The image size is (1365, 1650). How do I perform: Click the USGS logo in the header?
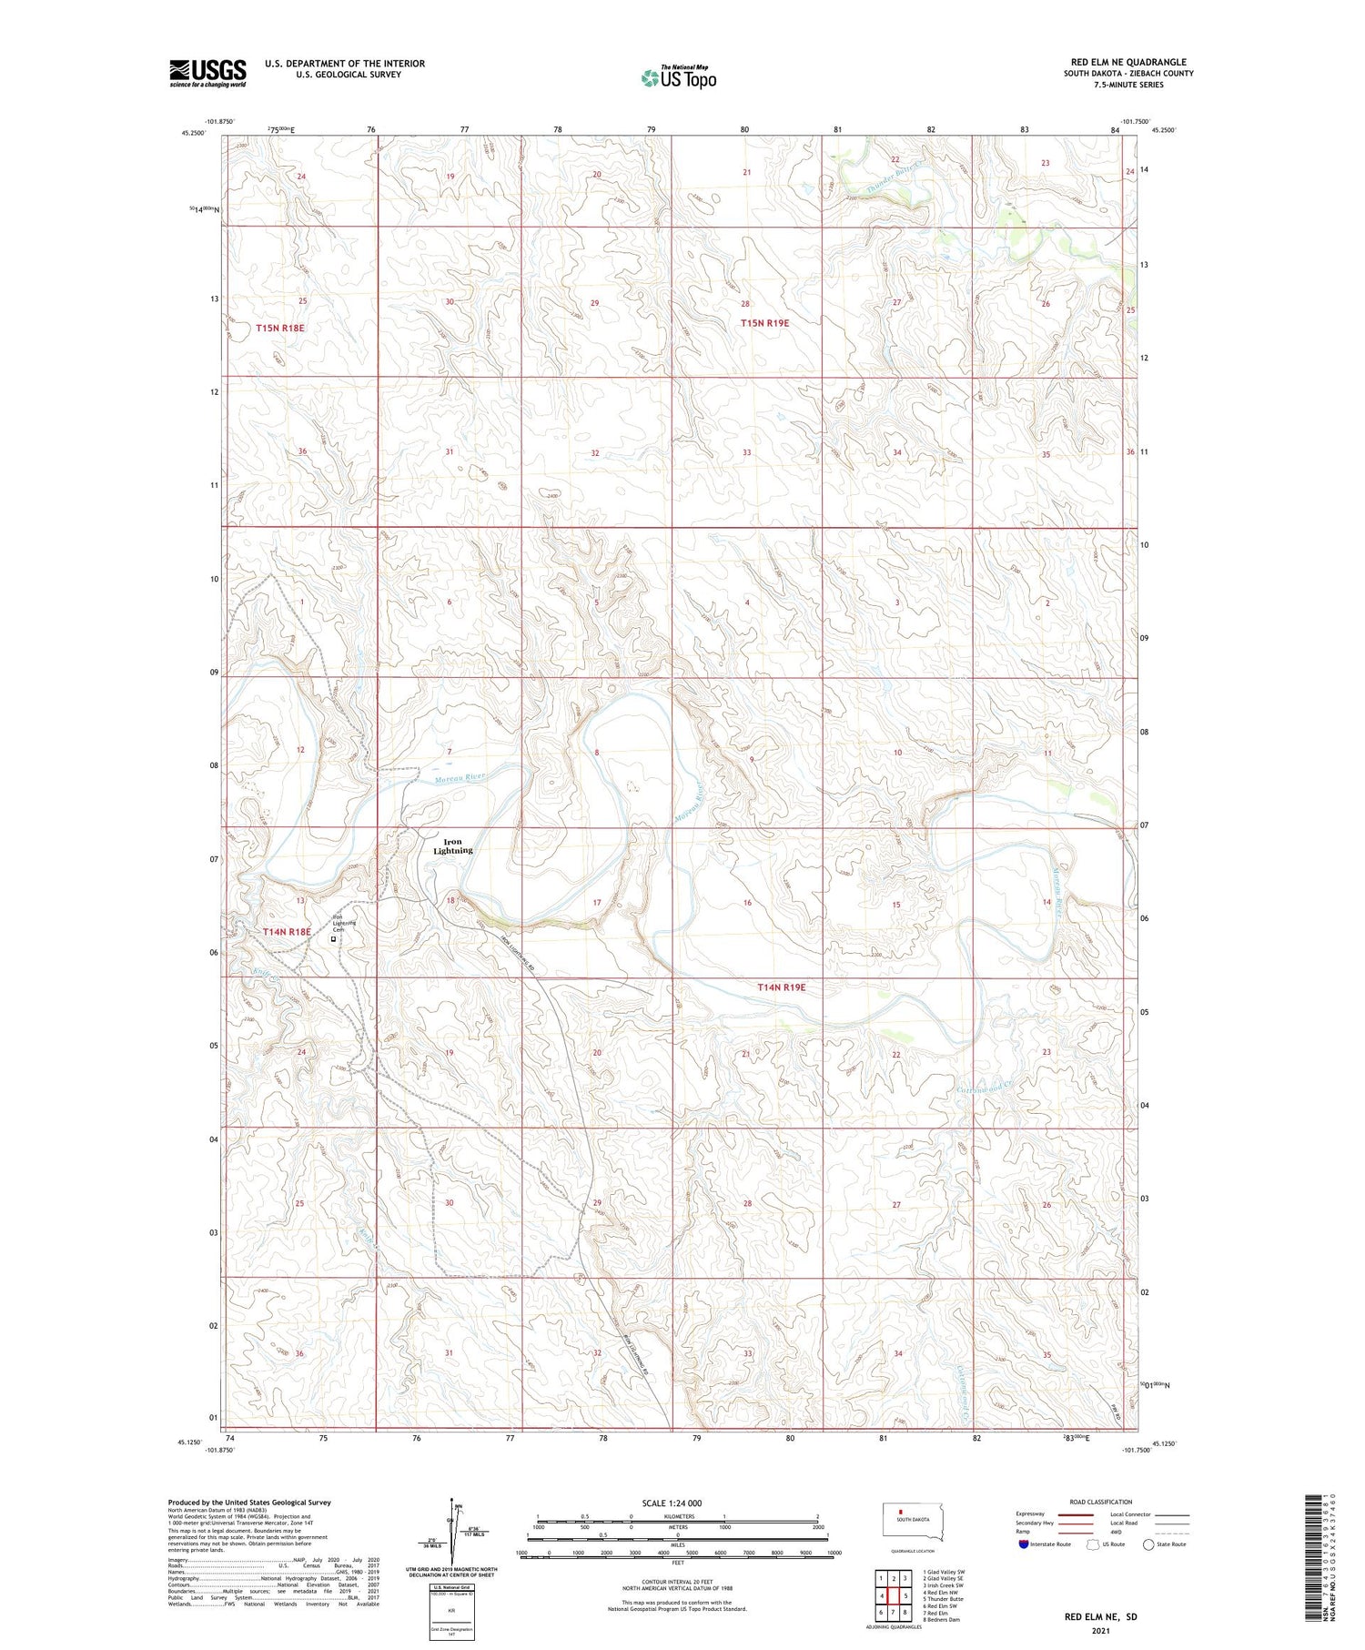[x=207, y=73]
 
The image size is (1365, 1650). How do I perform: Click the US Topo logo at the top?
[x=678, y=77]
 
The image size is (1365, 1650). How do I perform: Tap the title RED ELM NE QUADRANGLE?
[x=1128, y=62]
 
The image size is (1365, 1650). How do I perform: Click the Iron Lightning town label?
[x=452, y=846]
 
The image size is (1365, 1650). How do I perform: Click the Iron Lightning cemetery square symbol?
[x=333, y=938]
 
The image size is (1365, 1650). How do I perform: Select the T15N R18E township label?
[x=279, y=327]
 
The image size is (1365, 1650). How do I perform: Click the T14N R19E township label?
[x=782, y=987]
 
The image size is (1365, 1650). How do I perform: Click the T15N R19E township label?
[x=764, y=323]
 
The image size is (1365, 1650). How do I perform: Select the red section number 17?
[x=597, y=903]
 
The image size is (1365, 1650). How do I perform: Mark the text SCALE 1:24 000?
[x=672, y=1503]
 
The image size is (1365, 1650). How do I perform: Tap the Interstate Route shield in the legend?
[x=1024, y=1544]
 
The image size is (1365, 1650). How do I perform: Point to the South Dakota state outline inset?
[x=915, y=1523]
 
